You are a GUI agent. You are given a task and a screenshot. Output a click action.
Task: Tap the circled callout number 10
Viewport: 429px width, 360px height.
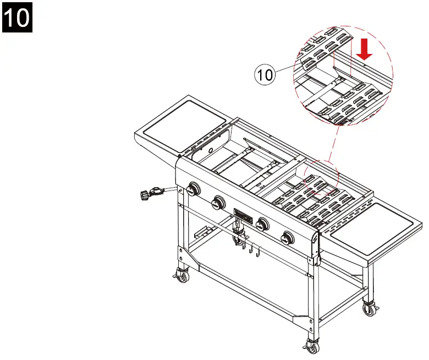[x=265, y=74]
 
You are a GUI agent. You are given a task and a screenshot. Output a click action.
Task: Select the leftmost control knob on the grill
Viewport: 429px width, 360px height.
[x=193, y=190]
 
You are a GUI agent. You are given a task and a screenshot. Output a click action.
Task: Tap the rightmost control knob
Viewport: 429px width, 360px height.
[x=287, y=238]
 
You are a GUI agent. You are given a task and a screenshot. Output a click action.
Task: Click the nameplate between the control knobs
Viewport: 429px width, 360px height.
[x=243, y=215]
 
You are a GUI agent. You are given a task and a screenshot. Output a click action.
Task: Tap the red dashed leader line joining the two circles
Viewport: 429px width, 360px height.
[x=329, y=149]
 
